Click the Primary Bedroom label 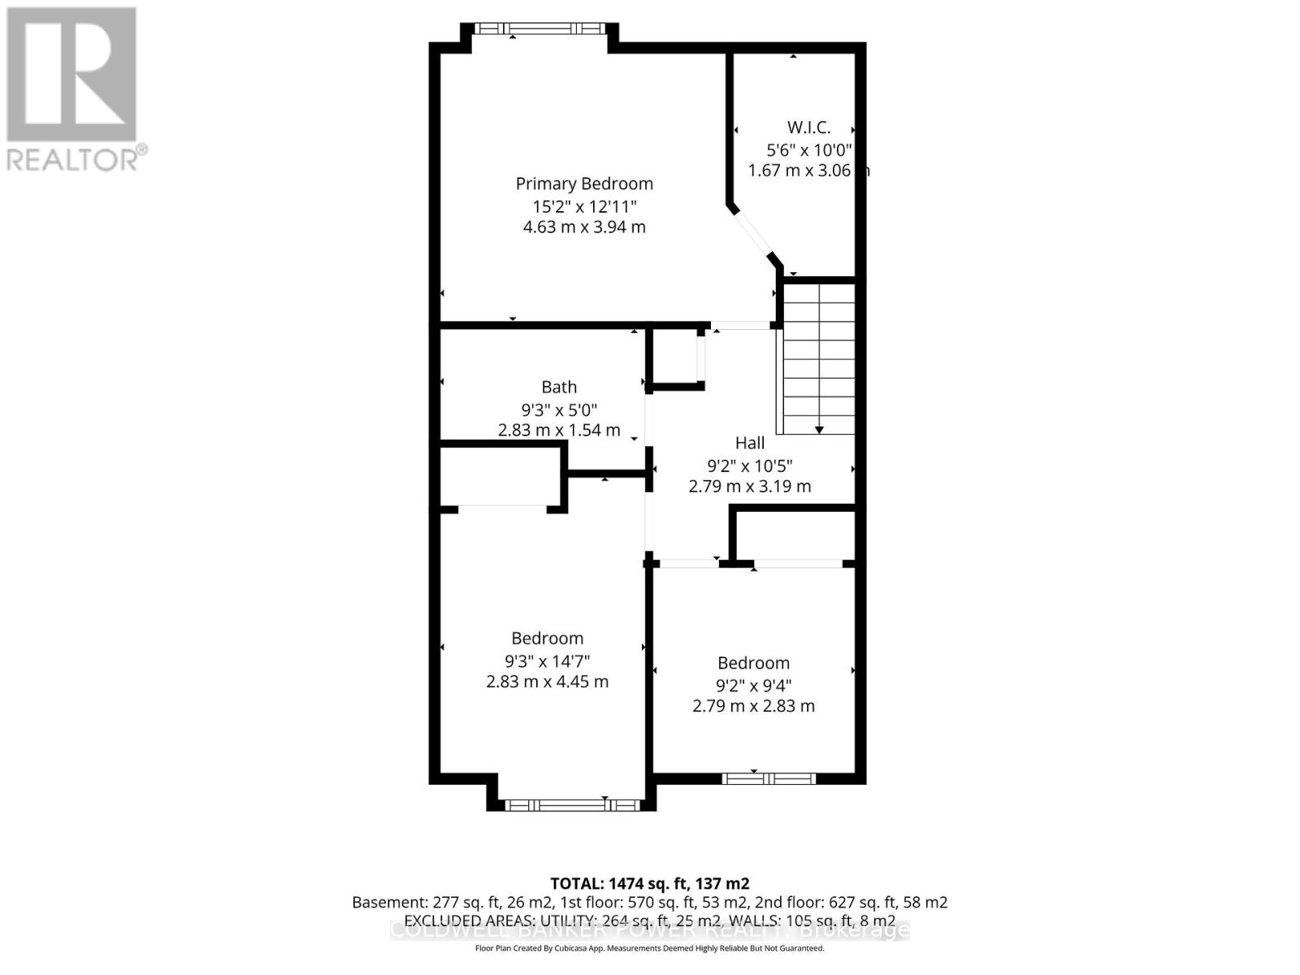click(584, 184)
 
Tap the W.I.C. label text click(808, 128)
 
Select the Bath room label click(559, 387)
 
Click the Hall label click(749, 443)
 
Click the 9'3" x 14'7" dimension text click(547, 661)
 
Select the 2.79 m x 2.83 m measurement click(753, 706)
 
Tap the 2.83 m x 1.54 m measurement click(559, 430)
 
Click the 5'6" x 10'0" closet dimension click(808, 149)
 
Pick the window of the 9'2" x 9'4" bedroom click(769, 778)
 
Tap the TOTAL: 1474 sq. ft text click(649, 883)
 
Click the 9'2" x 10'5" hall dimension click(749, 466)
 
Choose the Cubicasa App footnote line click(649, 948)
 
